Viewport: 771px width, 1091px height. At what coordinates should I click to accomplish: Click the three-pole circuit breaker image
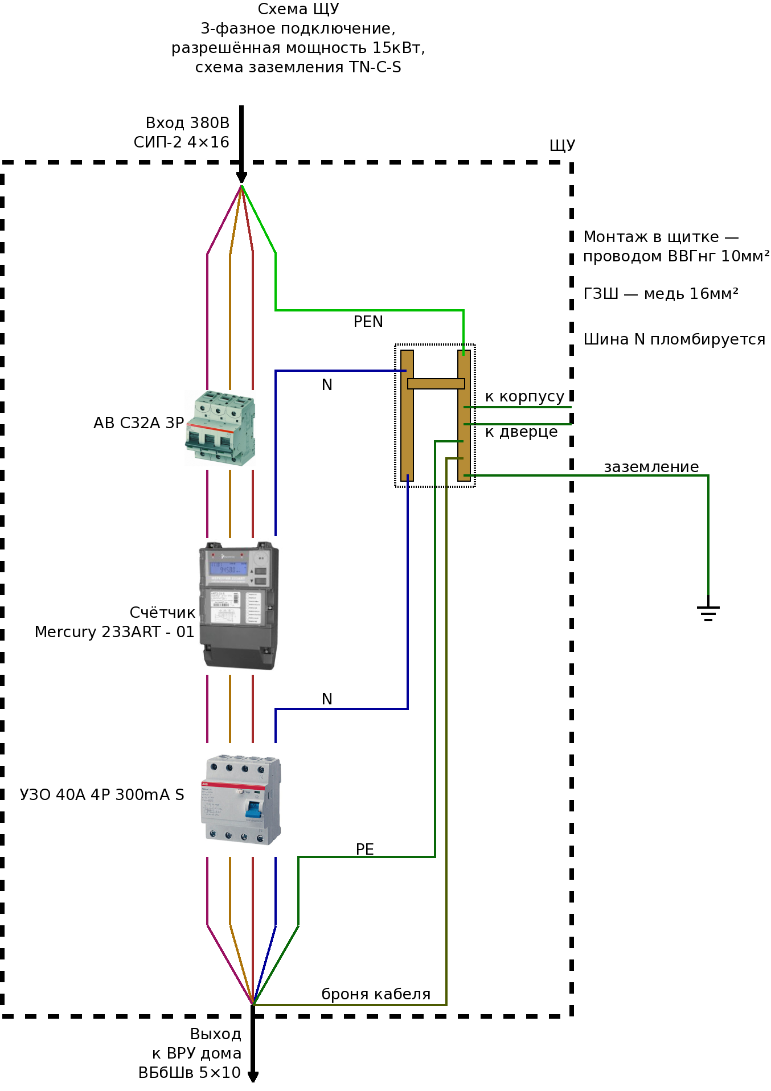pyautogui.click(x=220, y=429)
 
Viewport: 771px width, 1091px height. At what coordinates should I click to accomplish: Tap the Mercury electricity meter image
pyautogui.click(x=239, y=605)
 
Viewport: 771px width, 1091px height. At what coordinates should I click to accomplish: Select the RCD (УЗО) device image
pyautogui.click(x=241, y=799)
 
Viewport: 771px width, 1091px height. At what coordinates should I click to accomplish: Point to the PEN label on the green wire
pyautogui.click(x=368, y=322)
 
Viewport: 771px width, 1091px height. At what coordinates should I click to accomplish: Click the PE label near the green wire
pyautogui.click(x=365, y=850)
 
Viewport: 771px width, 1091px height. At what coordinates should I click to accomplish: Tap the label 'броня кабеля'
pyautogui.click(x=376, y=994)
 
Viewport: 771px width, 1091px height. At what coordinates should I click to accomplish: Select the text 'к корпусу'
pyautogui.click(x=524, y=396)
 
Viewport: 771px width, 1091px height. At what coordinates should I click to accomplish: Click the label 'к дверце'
pyautogui.click(x=522, y=432)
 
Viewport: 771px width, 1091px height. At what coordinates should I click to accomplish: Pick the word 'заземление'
pyautogui.click(x=651, y=467)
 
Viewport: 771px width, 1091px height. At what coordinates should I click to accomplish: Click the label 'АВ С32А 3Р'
pyautogui.click(x=139, y=423)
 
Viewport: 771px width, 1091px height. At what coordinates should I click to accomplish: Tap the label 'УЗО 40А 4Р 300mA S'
pyautogui.click(x=102, y=795)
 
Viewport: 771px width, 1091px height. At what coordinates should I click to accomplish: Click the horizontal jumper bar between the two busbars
pyautogui.click(x=436, y=384)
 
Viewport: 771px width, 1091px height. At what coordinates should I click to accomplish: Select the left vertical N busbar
pyautogui.click(x=407, y=416)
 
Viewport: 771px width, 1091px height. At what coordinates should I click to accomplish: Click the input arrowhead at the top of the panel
pyautogui.click(x=241, y=177)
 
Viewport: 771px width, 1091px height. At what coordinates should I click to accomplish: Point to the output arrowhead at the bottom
pyautogui.click(x=253, y=1077)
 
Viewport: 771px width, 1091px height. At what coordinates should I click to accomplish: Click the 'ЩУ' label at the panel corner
pyautogui.click(x=563, y=145)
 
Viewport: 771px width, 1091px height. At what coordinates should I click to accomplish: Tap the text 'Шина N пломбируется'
pyautogui.click(x=674, y=339)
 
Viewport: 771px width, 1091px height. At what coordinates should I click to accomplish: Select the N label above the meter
pyautogui.click(x=327, y=385)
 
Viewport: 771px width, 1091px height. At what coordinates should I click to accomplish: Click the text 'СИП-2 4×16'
pyautogui.click(x=182, y=142)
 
